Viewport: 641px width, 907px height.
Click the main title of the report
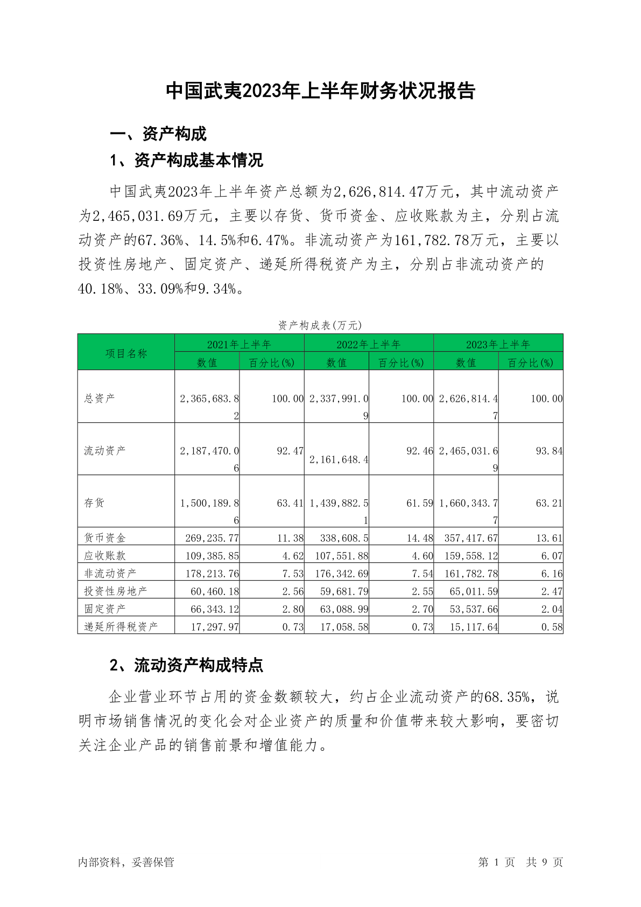(320, 91)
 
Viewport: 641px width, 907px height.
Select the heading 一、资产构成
(158, 134)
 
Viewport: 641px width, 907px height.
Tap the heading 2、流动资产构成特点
(186, 665)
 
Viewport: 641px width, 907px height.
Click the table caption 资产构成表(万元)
(320, 325)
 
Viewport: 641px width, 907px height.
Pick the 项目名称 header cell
(126, 353)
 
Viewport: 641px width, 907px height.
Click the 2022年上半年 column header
(369, 344)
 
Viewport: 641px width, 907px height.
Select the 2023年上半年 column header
(498, 344)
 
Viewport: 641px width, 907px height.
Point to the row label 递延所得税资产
(121, 626)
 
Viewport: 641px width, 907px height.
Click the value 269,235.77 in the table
(212, 538)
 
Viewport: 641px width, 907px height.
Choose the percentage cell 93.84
(549, 451)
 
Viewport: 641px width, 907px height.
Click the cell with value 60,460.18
(215, 591)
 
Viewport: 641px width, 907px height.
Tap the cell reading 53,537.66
(474, 609)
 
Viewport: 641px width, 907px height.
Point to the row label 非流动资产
(110, 573)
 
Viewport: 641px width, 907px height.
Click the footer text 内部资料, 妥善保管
(126, 862)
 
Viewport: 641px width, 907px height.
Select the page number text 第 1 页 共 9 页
(520, 862)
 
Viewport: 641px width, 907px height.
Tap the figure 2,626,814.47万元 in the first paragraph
(394, 192)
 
